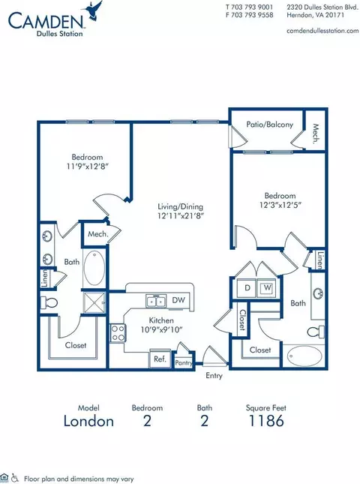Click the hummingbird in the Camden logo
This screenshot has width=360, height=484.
[94, 11]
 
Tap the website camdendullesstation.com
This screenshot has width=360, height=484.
[322, 31]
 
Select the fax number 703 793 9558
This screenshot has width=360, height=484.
[252, 15]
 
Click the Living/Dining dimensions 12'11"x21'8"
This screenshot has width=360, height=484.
[181, 216]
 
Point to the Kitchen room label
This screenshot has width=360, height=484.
[161, 320]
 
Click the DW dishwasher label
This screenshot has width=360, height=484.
[178, 299]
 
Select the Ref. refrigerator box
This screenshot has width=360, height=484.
[160, 359]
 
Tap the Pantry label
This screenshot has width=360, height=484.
[184, 363]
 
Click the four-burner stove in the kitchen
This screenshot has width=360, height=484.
[118, 333]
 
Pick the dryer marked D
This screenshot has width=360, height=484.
[247, 288]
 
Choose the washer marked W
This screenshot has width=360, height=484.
[266, 288]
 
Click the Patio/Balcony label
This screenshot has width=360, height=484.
[269, 125]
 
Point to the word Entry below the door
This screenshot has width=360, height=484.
[214, 376]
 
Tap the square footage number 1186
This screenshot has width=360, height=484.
[266, 421]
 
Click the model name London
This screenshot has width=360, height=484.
[88, 421]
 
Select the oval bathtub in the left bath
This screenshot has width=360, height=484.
[94, 268]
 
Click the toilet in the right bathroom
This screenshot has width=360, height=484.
[316, 332]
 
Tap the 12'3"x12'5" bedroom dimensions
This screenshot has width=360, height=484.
[280, 205]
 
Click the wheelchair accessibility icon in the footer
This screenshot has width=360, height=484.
[14, 478]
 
